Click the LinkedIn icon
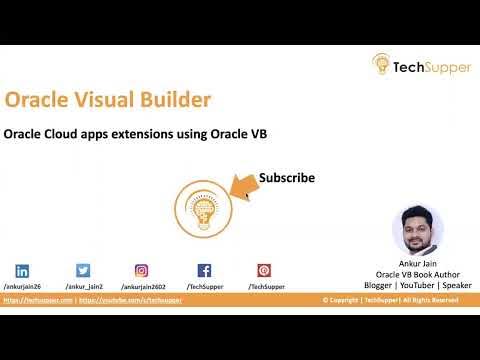click(22, 270)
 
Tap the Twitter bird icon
click(83, 270)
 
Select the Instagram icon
click(142, 270)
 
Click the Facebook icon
click(204, 270)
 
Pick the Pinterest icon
click(264, 270)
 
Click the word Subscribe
click(287, 178)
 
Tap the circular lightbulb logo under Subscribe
click(197, 211)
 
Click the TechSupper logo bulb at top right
click(382, 64)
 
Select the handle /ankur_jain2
click(84, 286)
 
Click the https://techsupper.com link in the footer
click(37, 300)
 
